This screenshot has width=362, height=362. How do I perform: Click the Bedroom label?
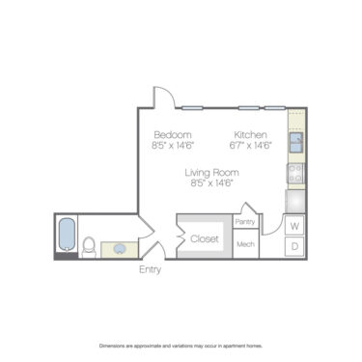pyautogui.click(x=173, y=133)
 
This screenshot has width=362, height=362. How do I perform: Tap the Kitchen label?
pyautogui.click(x=250, y=133)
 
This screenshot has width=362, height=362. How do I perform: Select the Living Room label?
pyautogui.click(x=212, y=172)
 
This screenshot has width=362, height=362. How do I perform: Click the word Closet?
pyautogui.click(x=205, y=238)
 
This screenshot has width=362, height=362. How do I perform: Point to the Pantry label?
pyautogui.click(x=245, y=222)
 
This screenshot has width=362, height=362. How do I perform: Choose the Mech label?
pyautogui.click(x=245, y=244)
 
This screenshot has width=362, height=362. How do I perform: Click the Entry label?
pyautogui.click(x=150, y=269)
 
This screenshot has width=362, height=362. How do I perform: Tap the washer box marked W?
pyautogui.click(x=294, y=226)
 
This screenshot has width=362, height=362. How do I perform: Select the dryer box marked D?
pyautogui.click(x=294, y=247)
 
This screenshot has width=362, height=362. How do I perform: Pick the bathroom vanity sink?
pyautogui.click(x=120, y=248)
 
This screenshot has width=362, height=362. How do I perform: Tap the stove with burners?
pyautogui.click(x=297, y=175)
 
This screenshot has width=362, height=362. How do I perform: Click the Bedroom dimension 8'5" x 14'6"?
pyautogui.click(x=173, y=145)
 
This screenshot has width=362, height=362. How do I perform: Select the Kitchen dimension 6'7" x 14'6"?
pyautogui.click(x=250, y=145)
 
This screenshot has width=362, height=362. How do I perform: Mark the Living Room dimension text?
pyautogui.click(x=212, y=182)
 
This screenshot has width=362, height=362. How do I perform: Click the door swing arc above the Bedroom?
pyautogui.click(x=163, y=97)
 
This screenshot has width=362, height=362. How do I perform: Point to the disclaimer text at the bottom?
pyautogui.click(x=181, y=345)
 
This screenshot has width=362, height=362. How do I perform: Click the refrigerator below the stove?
pyautogui.click(x=296, y=201)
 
